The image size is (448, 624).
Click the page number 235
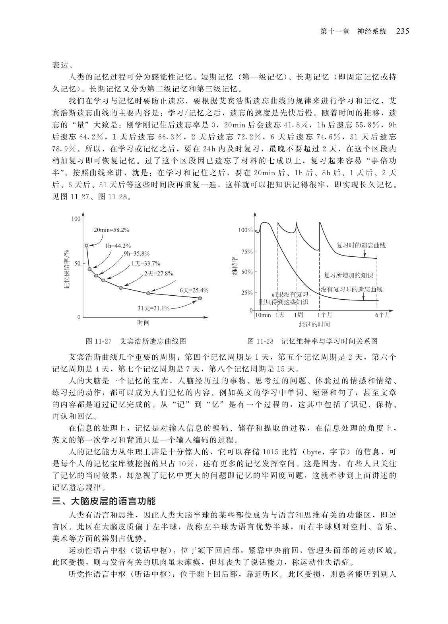pos(402,31)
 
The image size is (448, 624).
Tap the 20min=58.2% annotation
pos(111,230)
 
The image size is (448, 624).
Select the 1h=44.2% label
pos(118,246)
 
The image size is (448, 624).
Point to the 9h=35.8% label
pos(136,254)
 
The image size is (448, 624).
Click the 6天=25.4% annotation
pos(194,290)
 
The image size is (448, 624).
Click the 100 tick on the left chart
pos(76,219)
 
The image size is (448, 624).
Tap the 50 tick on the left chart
pos(77,263)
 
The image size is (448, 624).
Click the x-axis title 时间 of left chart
pos(144,323)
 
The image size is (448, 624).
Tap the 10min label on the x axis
pos(263,315)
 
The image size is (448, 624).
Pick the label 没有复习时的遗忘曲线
pos(351,290)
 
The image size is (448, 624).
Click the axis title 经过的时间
pos(314,324)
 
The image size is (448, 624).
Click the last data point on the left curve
pos(200,298)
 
